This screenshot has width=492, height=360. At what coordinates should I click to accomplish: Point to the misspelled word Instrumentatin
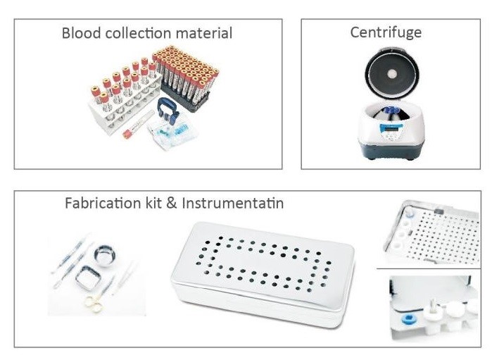233,204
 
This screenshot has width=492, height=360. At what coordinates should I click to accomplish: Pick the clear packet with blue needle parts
172,135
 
